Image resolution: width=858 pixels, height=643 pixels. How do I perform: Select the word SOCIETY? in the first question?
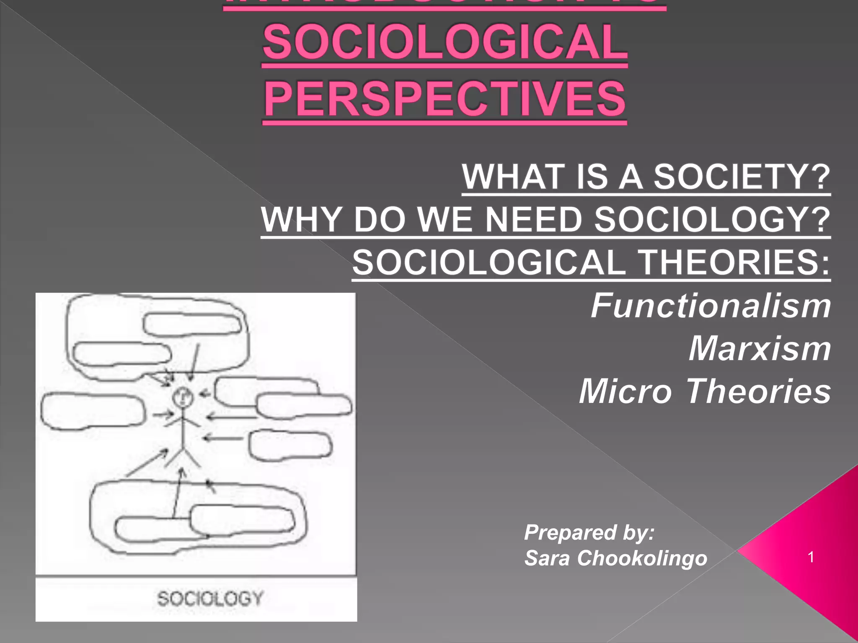coord(742,177)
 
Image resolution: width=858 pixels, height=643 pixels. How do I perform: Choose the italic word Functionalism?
coord(711,306)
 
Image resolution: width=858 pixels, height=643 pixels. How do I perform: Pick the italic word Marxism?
coord(760,349)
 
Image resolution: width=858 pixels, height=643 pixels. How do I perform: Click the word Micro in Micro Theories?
coord(625,391)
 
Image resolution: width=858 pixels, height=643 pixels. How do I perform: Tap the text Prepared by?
coord(589,532)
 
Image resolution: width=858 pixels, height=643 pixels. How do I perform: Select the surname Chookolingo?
coord(642,558)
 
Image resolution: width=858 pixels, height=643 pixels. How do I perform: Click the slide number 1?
coord(811,557)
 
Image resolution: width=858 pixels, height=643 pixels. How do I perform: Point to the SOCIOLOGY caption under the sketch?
coord(210,598)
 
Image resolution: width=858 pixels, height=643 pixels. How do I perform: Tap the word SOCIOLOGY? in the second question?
coord(712,219)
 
